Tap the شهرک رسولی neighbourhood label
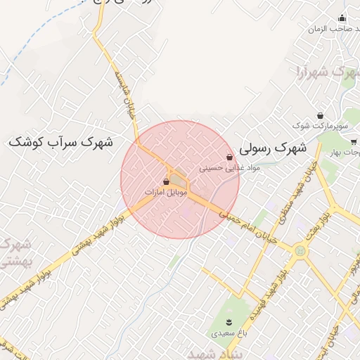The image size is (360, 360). pyautogui.click(x=274, y=149)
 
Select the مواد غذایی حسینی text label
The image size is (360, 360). pyautogui.click(x=230, y=167)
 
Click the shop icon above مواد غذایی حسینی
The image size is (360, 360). pyautogui.click(x=230, y=157)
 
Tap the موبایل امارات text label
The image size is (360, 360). pyautogui.click(x=165, y=191)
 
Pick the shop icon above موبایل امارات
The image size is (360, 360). pyautogui.click(x=166, y=181)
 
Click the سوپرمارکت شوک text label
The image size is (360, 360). pyautogui.click(x=321, y=126)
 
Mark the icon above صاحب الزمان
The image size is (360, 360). pyautogui.click(x=342, y=19)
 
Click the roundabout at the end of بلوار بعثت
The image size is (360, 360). pyautogui.click(x=301, y=249)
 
